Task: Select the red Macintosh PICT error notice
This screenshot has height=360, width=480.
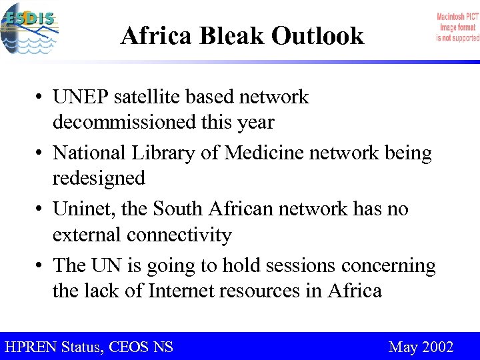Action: point(457,27)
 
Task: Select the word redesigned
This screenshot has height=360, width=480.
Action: point(99,179)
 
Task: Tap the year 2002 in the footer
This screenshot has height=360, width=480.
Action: point(437,347)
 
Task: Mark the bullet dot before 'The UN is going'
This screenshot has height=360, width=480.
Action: point(41,266)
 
